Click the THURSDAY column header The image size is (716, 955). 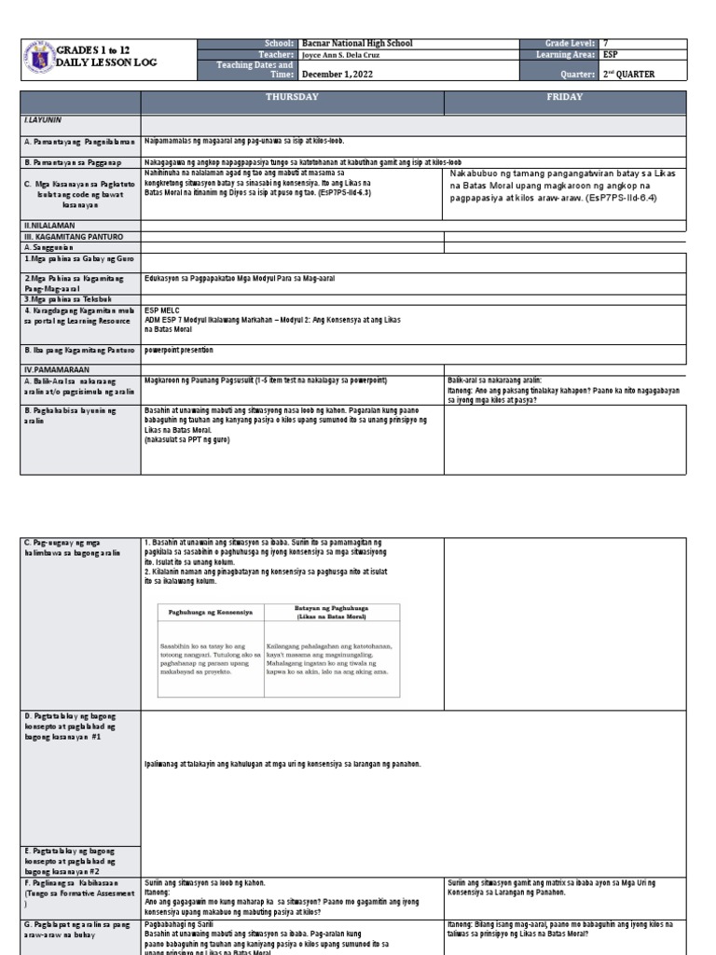tap(292, 97)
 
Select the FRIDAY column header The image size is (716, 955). tap(565, 97)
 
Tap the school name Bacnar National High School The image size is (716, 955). tap(357, 44)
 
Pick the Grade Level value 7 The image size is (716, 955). tap(607, 44)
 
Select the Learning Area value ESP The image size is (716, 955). tap(612, 56)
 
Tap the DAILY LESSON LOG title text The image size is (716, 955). tap(107, 62)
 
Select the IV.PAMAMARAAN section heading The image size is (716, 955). tap(56, 369)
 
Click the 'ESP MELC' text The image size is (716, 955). tap(161, 310)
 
